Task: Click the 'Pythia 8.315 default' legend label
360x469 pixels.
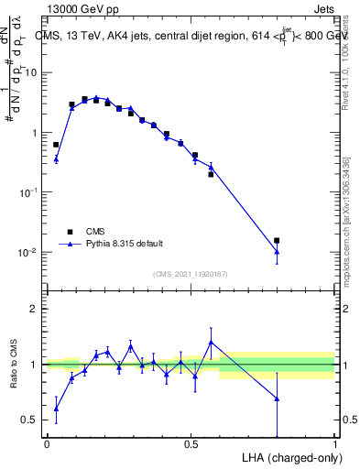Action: tap(125, 244)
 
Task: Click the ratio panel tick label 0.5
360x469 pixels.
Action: tap(30, 420)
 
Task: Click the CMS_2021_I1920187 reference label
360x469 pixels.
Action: tap(190, 274)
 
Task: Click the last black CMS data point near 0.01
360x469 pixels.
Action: tap(277, 241)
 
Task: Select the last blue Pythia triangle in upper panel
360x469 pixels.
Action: tap(277, 251)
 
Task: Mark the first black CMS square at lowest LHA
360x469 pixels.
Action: tap(56, 145)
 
